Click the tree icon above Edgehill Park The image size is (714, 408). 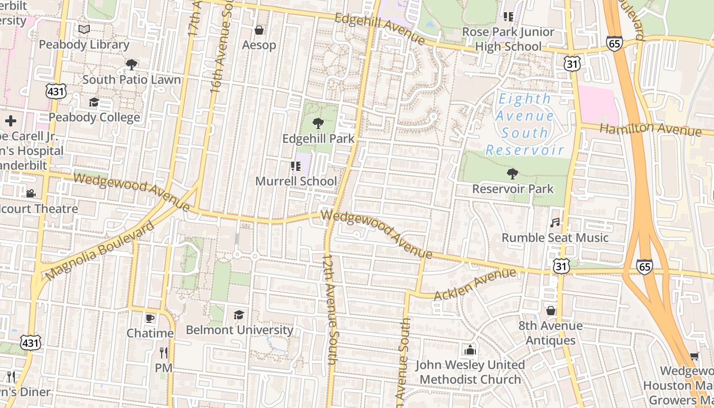pos(318,123)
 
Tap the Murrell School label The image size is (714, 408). pos(296,181)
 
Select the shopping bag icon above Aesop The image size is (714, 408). pos(259,30)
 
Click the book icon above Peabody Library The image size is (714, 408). pos(84,30)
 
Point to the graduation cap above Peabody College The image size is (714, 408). pos(94,103)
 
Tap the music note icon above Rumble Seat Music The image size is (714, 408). pos(555,223)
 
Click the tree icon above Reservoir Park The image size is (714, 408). pos(512,174)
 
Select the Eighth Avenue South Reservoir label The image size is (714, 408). pos(525,124)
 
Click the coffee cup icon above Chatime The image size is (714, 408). pos(149,318)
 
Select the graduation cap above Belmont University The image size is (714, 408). pos(239,315)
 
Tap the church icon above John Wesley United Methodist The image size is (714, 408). pos(470,350)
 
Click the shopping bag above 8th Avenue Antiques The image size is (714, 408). pos(551,311)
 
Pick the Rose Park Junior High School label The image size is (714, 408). pos(508,39)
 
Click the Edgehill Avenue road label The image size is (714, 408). pos(380,28)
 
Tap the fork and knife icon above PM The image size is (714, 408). pos(164,353)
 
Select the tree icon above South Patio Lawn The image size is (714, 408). pos(131,65)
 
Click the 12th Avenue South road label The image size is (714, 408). pos(330,309)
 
